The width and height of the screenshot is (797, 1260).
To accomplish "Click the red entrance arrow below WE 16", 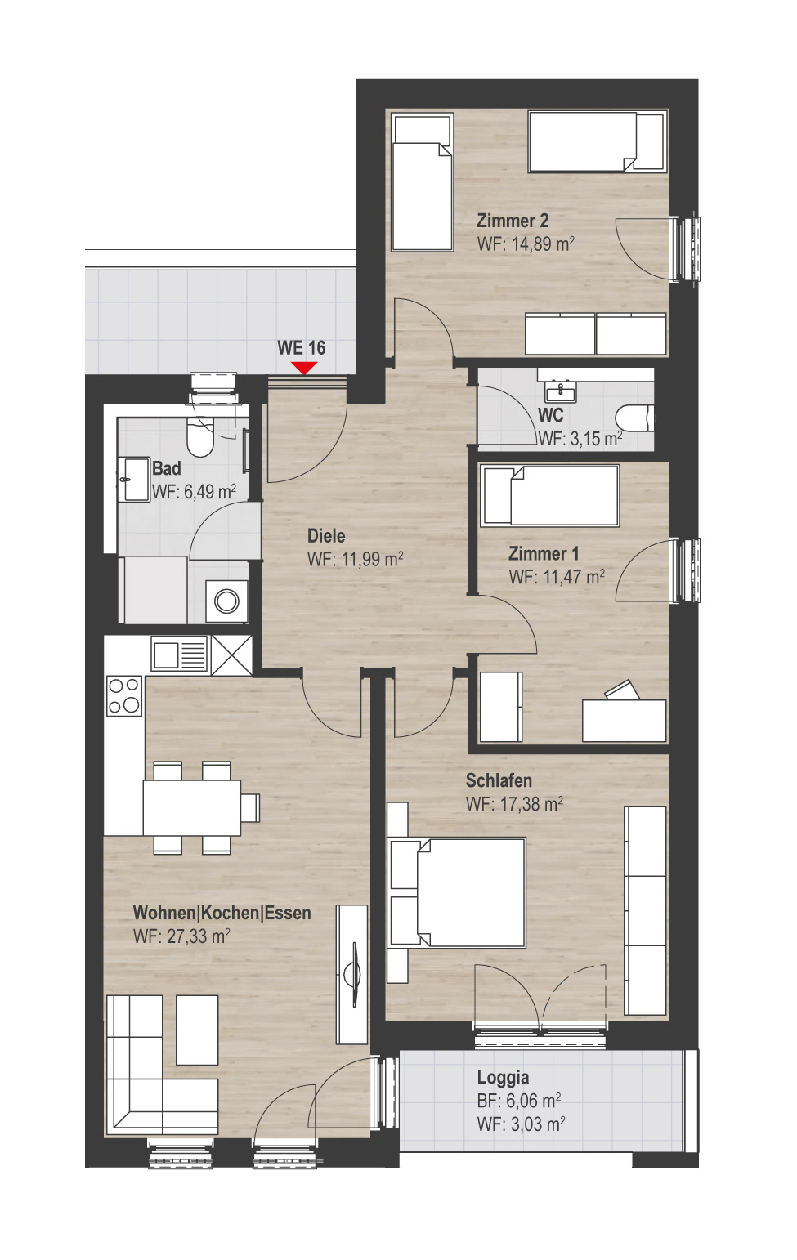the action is (x=304, y=368).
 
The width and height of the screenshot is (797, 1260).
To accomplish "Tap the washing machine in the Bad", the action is (x=226, y=601).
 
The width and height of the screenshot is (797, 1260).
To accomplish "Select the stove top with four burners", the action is (x=124, y=696).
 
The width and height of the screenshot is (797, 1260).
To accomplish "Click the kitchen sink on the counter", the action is (x=179, y=655).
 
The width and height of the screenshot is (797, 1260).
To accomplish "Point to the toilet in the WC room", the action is (x=634, y=418).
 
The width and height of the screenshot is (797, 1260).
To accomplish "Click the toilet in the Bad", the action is (x=199, y=437).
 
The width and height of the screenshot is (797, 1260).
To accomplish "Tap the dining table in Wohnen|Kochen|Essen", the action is (x=192, y=807).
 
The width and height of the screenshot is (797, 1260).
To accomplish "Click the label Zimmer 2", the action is (x=513, y=221).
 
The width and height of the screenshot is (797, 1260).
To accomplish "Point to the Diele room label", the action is (x=326, y=535).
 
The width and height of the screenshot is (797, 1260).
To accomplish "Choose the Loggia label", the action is (x=503, y=1077).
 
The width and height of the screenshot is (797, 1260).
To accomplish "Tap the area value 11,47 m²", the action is (x=574, y=577).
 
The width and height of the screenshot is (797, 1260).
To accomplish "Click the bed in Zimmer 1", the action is (x=549, y=495).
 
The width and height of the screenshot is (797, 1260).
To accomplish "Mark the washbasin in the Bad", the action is (x=133, y=480).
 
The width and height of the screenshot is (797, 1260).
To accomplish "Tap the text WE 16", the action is (x=301, y=347).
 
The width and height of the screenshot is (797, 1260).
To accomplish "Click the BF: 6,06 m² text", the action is (x=519, y=1101).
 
